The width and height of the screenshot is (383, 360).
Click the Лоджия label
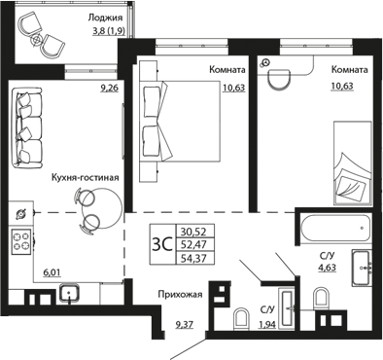105,18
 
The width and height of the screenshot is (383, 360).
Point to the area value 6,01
52,273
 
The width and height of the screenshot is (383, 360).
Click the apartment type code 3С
161,244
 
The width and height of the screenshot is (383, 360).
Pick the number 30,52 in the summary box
194,232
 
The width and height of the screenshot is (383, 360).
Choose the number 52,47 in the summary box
194,244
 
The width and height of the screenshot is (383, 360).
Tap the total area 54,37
194,259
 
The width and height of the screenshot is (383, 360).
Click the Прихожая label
180,295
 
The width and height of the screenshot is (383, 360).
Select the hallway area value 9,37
185,324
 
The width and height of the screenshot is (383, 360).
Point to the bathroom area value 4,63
327,268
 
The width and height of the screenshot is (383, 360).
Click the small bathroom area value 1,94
267,324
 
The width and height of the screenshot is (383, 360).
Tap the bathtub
335,227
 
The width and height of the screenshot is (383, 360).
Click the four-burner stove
21,241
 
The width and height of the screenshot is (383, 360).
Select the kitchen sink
69,293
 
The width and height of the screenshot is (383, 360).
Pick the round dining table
102,207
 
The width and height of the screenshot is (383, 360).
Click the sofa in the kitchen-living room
27,127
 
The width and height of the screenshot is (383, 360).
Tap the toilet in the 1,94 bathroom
241,318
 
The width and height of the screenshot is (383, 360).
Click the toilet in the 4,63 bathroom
322,298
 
